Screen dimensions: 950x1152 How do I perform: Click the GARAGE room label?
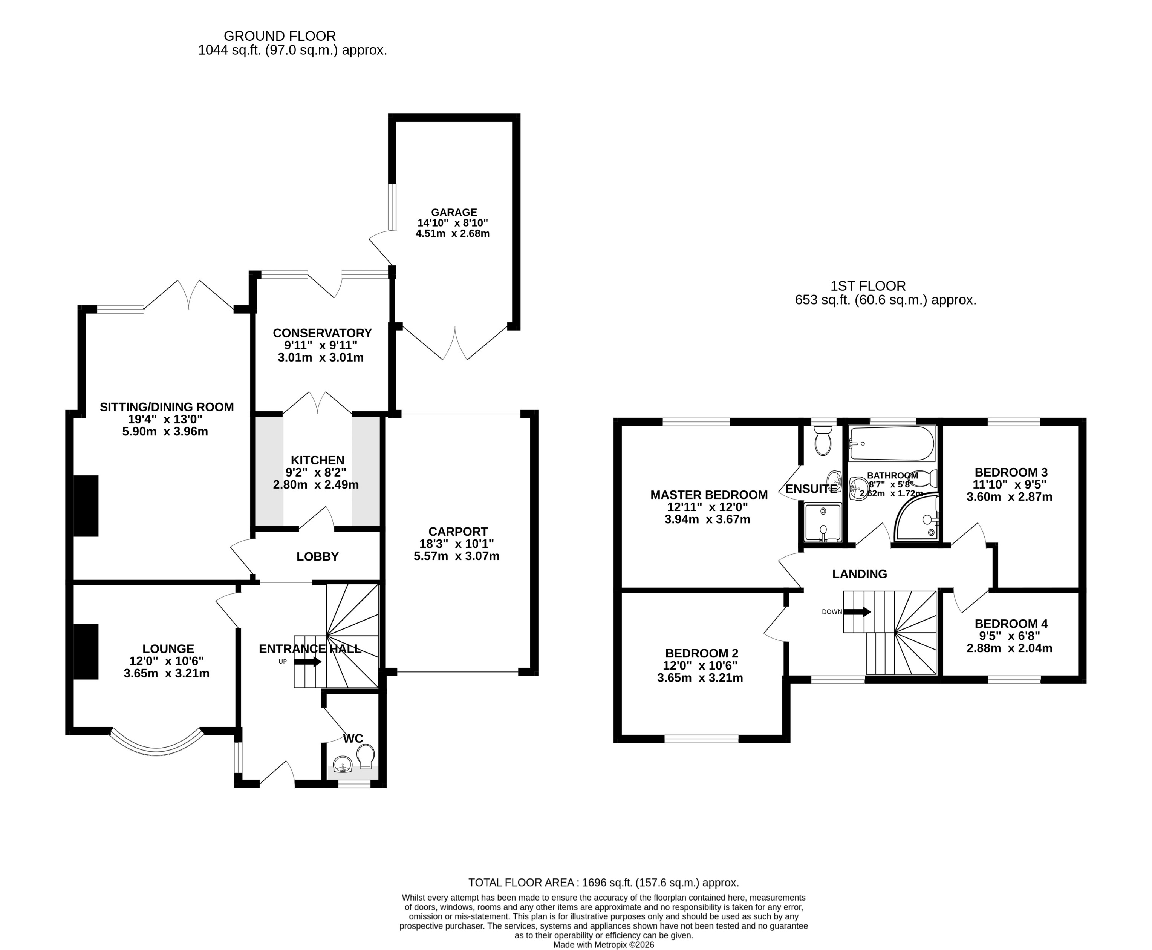pos(453,212)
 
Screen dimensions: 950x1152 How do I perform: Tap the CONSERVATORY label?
pos(322,333)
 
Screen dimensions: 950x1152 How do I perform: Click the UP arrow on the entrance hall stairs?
pos(308,662)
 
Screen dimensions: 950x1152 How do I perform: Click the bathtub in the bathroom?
pos(891,443)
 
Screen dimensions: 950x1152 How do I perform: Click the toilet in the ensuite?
pos(822,441)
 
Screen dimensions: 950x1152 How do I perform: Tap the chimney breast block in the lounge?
pos(86,651)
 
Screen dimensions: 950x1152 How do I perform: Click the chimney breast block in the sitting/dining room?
pos(86,505)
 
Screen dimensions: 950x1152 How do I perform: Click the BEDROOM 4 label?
pos(1011,623)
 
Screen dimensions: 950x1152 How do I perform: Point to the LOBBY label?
pos(317,556)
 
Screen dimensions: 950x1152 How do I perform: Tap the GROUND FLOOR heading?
pos(280,36)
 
